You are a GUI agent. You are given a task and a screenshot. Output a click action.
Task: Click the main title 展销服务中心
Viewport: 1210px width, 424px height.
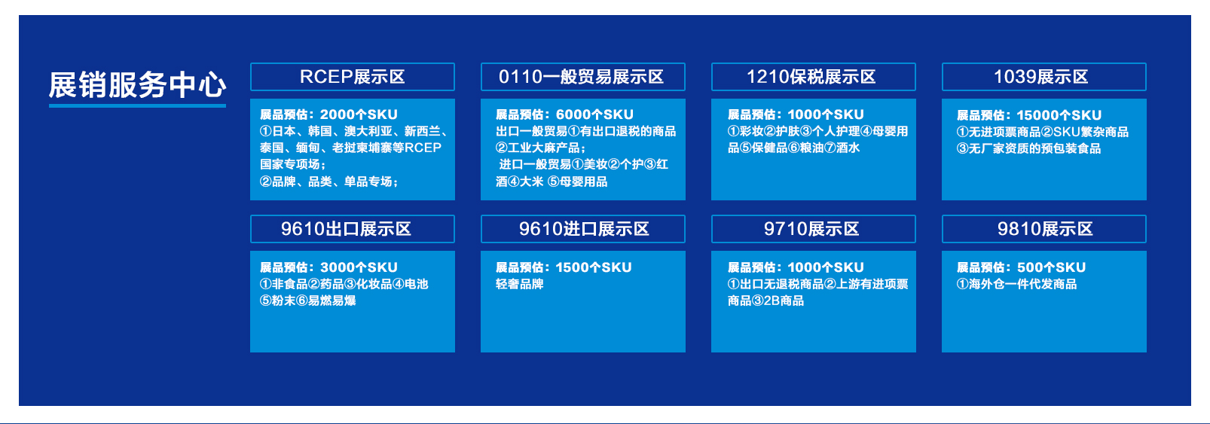(x=137, y=85)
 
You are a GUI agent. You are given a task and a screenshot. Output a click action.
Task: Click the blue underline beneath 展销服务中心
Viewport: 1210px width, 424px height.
(x=137, y=105)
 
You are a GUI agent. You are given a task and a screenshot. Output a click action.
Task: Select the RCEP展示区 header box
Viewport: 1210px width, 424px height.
(x=352, y=77)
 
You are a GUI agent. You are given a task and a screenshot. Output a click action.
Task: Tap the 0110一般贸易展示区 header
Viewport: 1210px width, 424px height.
(x=583, y=77)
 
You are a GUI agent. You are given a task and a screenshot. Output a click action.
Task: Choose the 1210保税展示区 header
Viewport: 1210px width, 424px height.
(x=814, y=77)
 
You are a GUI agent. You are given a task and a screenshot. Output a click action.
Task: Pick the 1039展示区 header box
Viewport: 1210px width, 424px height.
(x=1044, y=77)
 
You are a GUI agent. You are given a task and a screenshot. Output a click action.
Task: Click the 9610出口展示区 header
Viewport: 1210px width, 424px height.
(x=352, y=229)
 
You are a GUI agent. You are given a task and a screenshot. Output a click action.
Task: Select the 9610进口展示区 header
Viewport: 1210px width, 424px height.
(x=583, y=229)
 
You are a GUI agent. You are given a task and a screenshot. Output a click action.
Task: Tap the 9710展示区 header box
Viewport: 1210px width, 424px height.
(x=814, y=229)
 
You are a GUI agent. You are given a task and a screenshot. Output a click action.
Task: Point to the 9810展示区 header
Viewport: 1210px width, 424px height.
(x=1044, y=229)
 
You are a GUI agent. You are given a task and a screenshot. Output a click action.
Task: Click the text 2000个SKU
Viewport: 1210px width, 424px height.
(x=359, y=114)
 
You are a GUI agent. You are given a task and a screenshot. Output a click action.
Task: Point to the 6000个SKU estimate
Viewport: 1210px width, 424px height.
(x=594, y=114)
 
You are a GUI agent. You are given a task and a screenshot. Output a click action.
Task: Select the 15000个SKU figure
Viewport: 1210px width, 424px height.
(x=1059, y=115)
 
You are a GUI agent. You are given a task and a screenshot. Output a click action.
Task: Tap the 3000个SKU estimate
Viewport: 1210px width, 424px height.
(x=359, y=267)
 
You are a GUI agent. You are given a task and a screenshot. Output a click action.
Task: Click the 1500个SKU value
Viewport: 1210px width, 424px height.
(x=594, y=267)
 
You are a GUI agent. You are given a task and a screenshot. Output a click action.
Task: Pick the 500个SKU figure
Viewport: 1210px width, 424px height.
(x=1051, y=267)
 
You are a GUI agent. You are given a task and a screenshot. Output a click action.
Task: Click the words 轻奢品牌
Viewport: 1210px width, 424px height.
(x=520, y=284)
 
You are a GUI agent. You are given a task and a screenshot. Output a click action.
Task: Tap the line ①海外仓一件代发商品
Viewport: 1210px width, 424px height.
(x=1016, y=284)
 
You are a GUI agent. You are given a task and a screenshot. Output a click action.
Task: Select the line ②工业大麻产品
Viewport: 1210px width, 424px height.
(x=541, y=148)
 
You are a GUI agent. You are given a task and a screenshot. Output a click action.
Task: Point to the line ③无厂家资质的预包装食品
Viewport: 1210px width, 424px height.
(x=1028, y=148)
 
